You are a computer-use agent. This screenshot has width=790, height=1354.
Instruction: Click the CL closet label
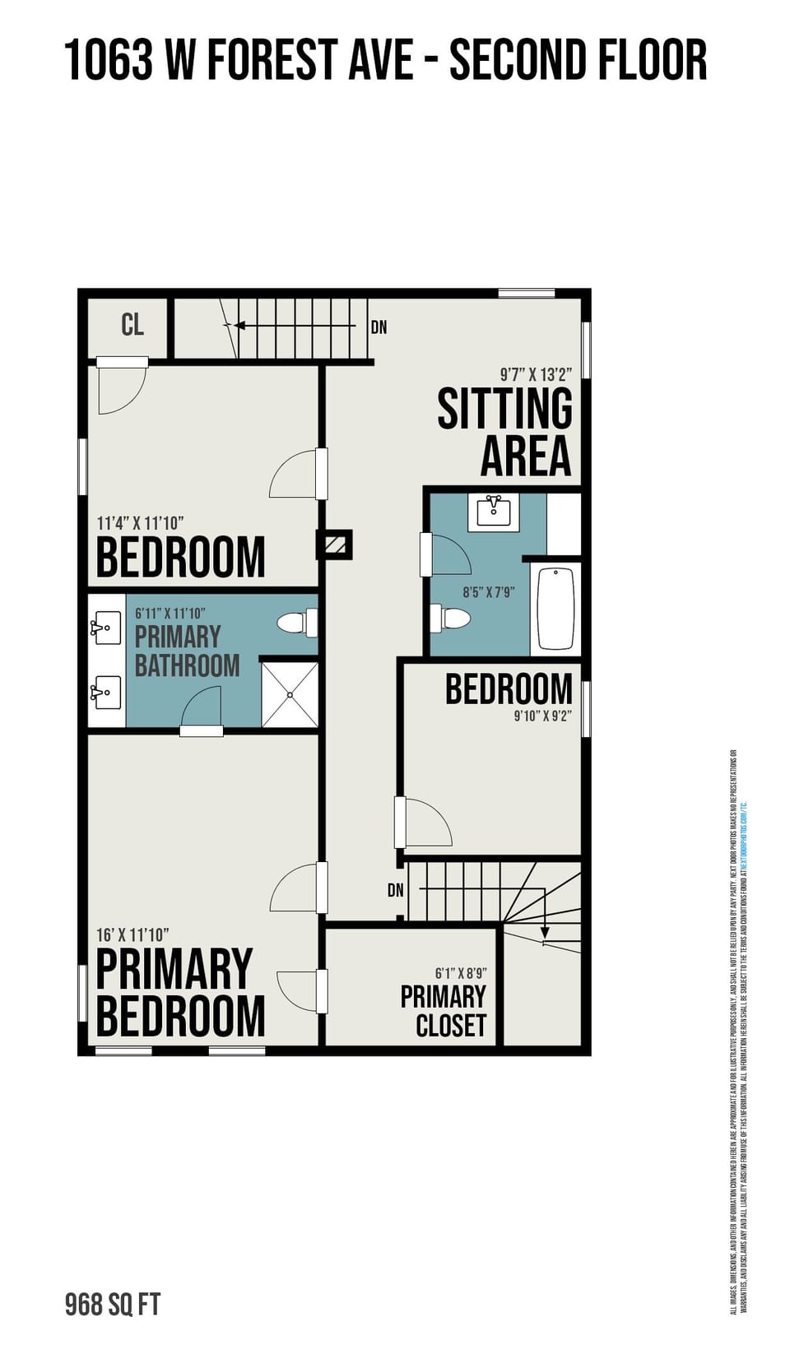(x=132, y=325)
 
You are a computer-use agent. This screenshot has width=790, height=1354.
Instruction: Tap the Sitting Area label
(x=505, y=432)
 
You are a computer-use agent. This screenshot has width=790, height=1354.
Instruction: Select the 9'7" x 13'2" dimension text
(x=536, y=375)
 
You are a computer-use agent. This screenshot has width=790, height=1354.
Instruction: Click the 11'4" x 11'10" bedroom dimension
(x=140, y=523)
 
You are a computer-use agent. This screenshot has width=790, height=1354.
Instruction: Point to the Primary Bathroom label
(x=187, y=651)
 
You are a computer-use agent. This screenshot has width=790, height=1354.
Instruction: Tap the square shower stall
(x=290, y=694)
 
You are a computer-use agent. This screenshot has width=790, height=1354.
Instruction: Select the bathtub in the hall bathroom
(x=555, y=609)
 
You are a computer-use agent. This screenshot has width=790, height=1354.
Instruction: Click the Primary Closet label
(x=444, y=1011)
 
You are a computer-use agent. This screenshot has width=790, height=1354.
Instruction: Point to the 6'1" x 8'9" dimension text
(x=461, y=973)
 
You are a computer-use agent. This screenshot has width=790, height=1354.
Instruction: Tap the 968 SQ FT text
(x=113, y=1305)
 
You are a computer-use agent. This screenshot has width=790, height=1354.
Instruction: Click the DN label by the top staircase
(x=379, y=327)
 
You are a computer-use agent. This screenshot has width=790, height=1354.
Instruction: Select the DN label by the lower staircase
(x=396, y=890)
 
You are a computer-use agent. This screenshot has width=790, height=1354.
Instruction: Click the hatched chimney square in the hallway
(x=335, y=545)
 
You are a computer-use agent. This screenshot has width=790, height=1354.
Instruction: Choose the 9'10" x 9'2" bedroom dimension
(x=542, y=716)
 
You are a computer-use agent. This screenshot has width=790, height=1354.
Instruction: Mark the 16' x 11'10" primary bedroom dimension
(x=132, y=935)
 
